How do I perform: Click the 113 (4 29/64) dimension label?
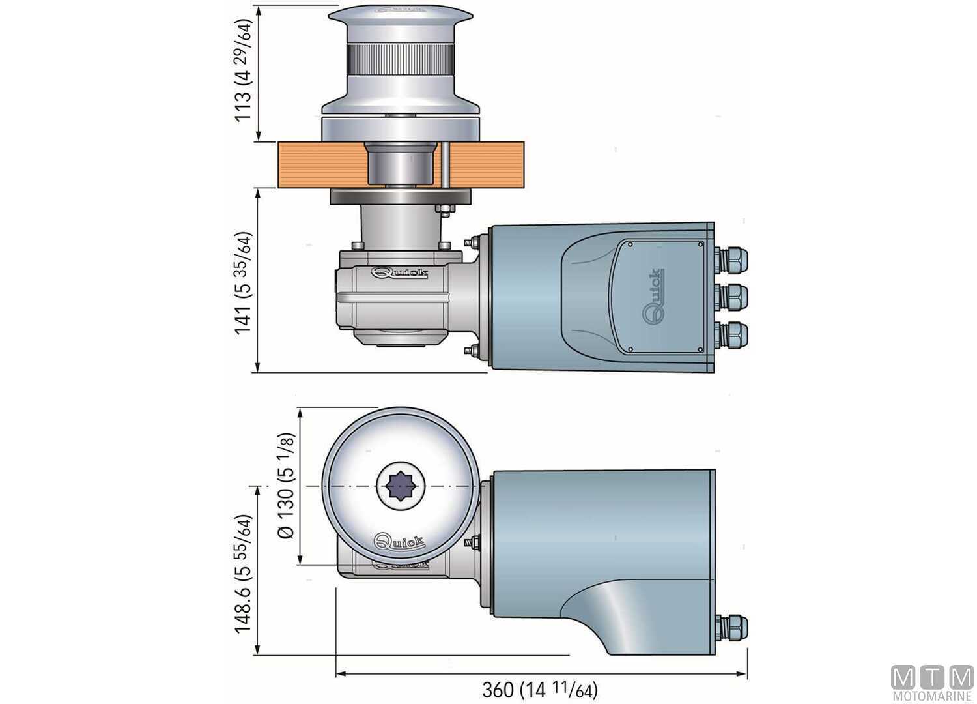242,70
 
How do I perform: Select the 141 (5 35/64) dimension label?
243,282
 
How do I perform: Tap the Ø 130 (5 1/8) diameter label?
286,486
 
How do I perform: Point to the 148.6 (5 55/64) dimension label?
243,574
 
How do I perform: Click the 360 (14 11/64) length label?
539,689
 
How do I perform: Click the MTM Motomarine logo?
931,682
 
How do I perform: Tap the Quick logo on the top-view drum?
399,541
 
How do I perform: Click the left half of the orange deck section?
319,164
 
